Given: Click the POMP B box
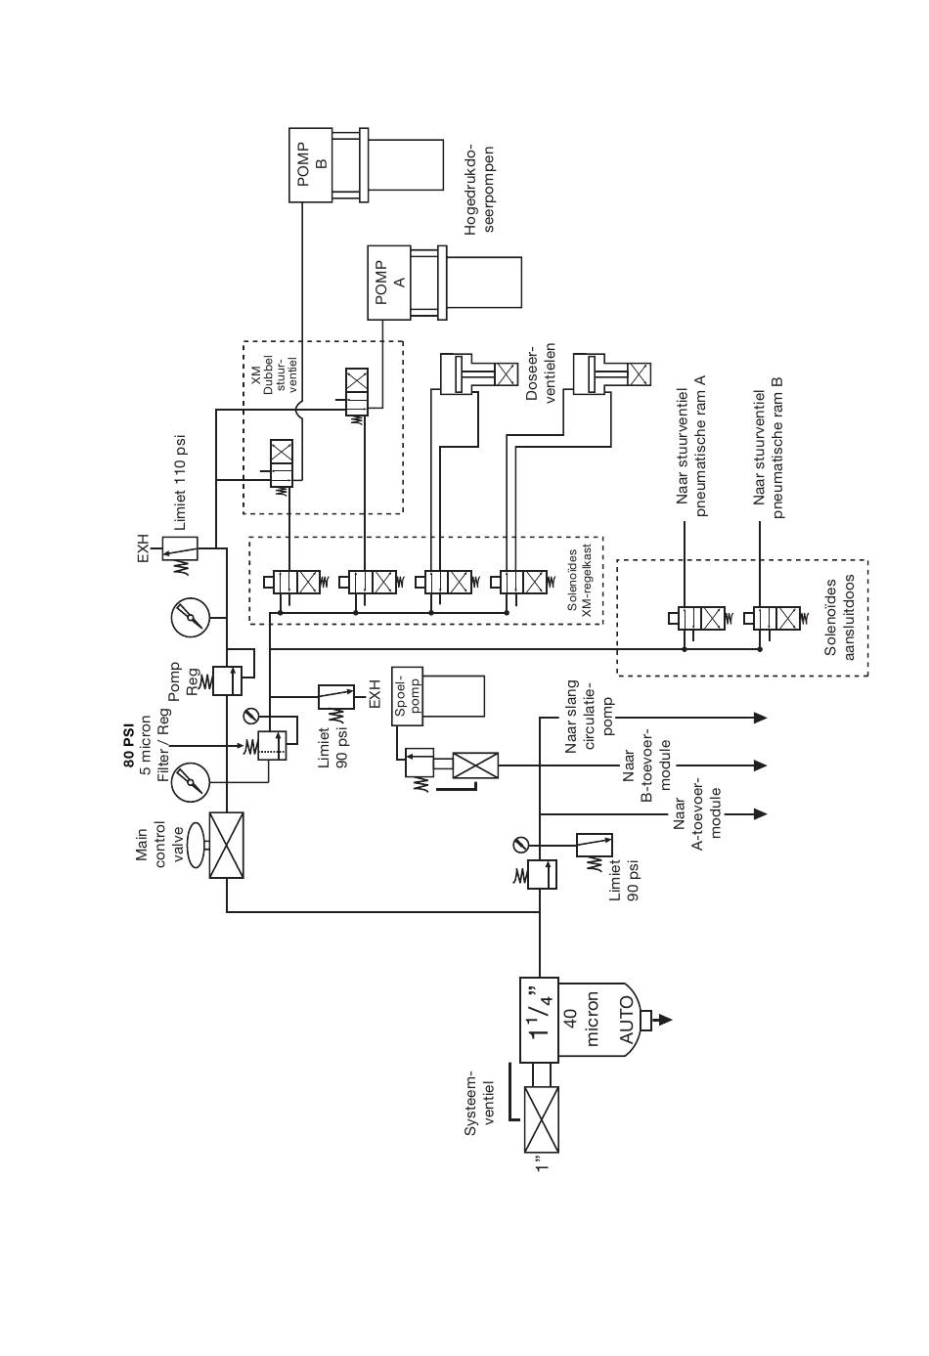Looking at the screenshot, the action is (x=310, y=164).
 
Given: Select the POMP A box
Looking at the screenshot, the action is (x=389, y=283).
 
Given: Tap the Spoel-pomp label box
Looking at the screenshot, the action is (x=407, y=696).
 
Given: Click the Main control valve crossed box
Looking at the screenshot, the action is (x=226, y=845).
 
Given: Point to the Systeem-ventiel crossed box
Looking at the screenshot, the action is (x=541, y=1119).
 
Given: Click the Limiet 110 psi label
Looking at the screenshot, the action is (x=181, y=483).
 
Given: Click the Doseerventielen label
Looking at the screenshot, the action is (x=541, y=373).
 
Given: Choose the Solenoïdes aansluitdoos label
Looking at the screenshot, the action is (x=839, y=618).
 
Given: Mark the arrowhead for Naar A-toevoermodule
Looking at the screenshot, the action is (x=760, y=814).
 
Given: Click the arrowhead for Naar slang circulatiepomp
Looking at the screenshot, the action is (x=760, y=718).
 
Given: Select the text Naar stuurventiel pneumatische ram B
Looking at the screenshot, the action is (x=769, y=449).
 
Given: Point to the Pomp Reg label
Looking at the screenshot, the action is (x=184, y=680).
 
